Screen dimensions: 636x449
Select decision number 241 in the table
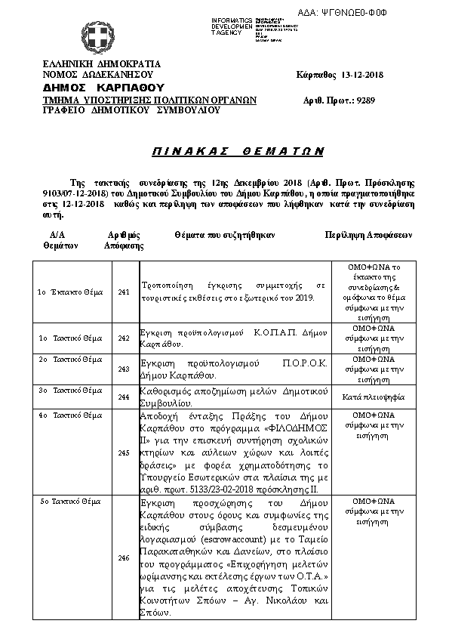coord(125,292)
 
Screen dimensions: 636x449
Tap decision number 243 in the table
coord(125,369)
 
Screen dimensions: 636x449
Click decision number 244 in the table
coord(125,396)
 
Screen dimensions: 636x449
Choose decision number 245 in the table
coord(125,452)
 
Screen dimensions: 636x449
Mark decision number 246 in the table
coord(125,558)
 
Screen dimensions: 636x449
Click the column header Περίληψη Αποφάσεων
coord(369,235)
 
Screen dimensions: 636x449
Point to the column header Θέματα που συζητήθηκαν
coord(224,235)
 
